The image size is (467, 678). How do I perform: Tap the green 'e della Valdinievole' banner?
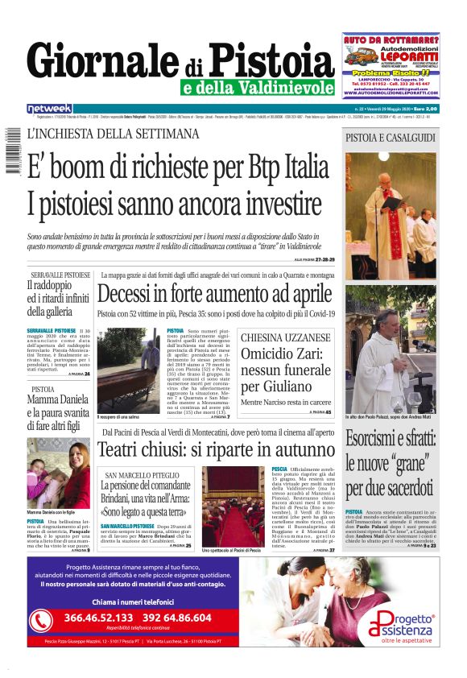[x=257, y=88]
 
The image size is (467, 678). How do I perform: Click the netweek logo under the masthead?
[x=49, y=109]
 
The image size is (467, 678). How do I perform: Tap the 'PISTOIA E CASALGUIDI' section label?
[x=391, y=138]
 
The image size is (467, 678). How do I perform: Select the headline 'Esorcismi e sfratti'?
[x=391, y=463]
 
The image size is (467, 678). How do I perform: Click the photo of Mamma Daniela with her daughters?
[x=57, y=472]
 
